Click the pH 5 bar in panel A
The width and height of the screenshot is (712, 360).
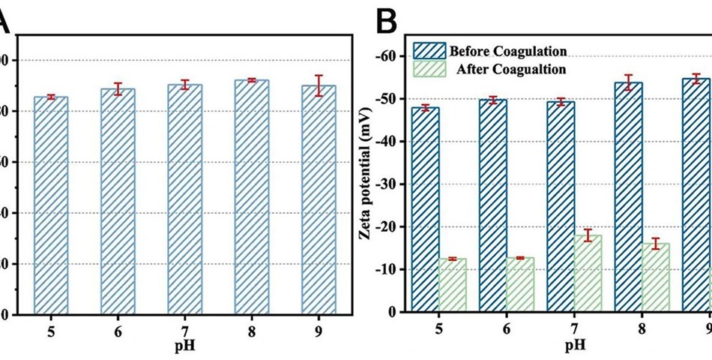pyautogui.click(x=51, y=204)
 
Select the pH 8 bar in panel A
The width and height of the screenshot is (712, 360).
pyautogui.click(x=253, y=196)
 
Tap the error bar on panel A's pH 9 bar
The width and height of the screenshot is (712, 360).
pyautogui.click(x=319, y=85)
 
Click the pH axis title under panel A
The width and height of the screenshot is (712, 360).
pyautogui.click(x=185, y=346)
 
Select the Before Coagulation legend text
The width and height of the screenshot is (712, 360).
pyautogui.click(x=507, y=52)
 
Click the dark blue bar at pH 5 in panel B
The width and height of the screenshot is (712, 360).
pyautogui.click(x=425, y=210)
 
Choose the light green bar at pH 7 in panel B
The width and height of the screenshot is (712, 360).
pyautogui.click(x=588, y=274)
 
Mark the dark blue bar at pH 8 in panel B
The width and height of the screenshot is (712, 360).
pyautogui.click(x=628, y=197)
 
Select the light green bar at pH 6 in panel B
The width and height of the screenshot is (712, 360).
pyautogui.click(x=520, y=285)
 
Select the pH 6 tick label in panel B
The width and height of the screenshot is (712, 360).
pyautogui.click(x=506, y=331)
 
